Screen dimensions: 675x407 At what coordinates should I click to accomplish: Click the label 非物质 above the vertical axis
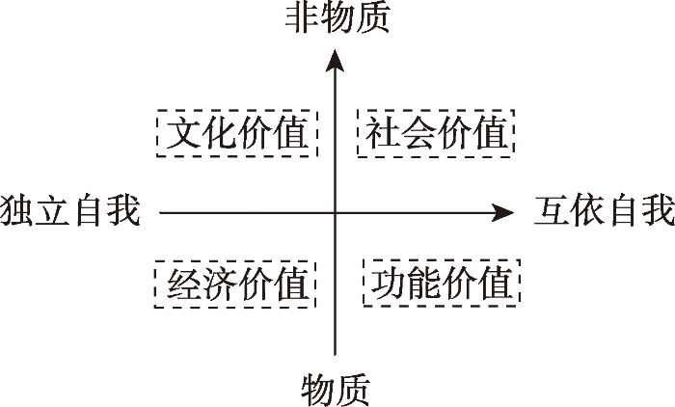tap(337, 18)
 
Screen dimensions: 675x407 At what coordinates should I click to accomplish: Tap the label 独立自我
tap(70, 210)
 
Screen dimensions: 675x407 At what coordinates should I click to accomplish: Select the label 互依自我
tap(605, 210)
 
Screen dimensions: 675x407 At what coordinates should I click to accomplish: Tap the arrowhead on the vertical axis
tap(335, 60)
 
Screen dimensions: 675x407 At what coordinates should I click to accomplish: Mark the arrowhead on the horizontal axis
tap(502, 213)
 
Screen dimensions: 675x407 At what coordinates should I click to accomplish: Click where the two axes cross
tap(336, 213)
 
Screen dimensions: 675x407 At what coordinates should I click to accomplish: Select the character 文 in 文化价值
tap(182, 133)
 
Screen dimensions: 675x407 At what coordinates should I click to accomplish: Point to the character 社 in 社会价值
tap(382, 133)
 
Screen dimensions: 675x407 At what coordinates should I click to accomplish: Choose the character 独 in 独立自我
tap(16, 210)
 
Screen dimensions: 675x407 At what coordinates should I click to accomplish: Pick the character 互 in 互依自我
tap(552, 210)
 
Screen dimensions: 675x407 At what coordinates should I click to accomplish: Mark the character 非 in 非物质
tap(303, 18)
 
